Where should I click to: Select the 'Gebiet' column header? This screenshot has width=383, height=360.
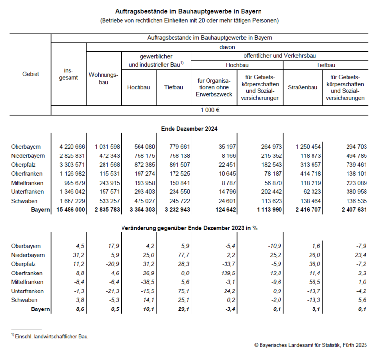click(x=31, y=74)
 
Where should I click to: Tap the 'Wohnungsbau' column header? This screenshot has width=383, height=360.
click(x=103, y=79)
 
